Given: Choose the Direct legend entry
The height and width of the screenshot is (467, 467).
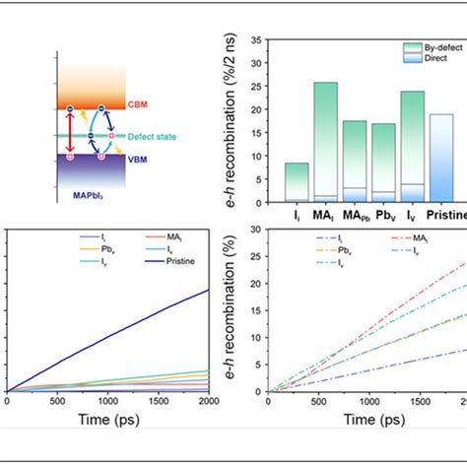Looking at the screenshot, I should click(x=427, y=58).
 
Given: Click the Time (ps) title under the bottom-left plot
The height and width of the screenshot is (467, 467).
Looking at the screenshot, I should click(x=108, y=421).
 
